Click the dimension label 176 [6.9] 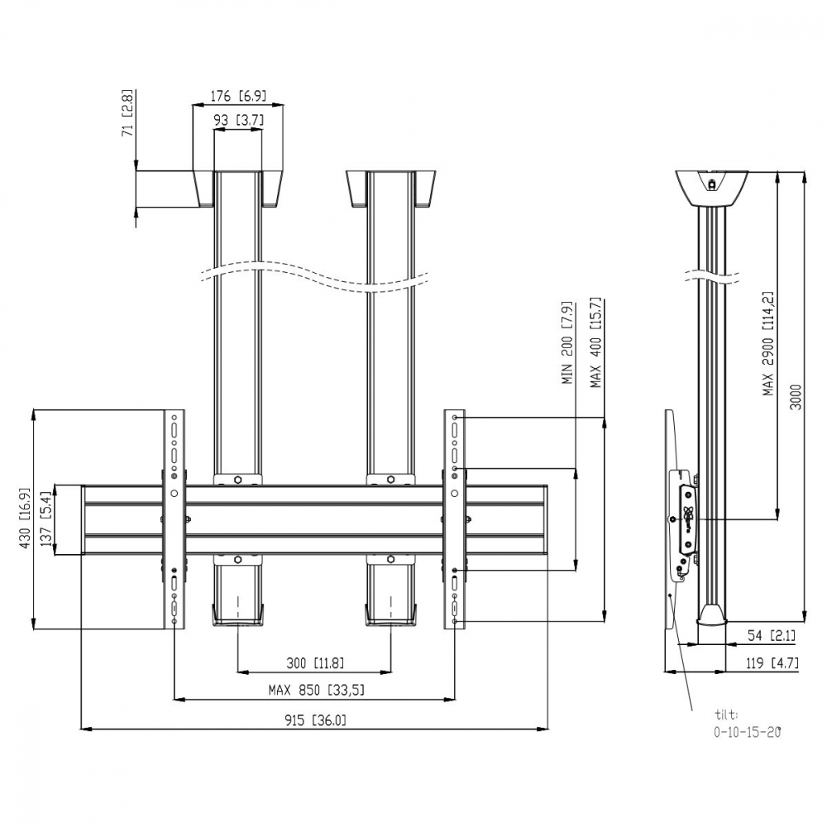pos(238,96)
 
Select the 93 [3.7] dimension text pos(238,120)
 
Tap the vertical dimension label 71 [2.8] pos(127,113)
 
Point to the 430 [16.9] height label pos(26,518)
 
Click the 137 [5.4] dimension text pos(45,519)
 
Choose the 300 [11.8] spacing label pos(315,662)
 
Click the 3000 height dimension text pos(796,397)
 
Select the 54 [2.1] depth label pos(771,635)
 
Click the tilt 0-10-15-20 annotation pos(748,723)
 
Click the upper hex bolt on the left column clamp pos(238,480)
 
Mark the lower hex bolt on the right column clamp pos(390,559)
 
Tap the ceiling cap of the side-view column pos(712,188)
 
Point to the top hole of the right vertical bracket pos(454,418)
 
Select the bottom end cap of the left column pos(238,616)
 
